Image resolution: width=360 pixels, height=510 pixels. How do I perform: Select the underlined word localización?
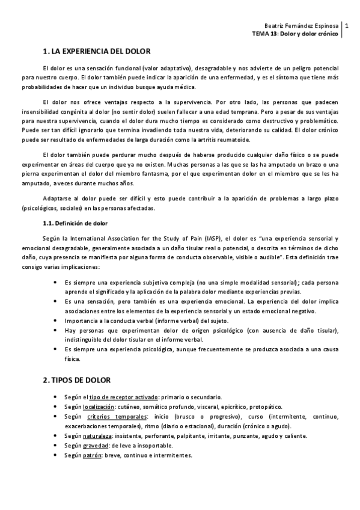click(x=99, y=407)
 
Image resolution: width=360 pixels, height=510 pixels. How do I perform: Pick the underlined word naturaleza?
click(x=99, y=436)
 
